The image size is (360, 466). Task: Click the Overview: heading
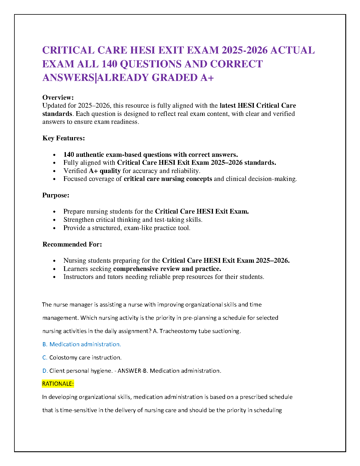pyautogui.click(x=58, y=97)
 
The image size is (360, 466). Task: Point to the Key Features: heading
pyautogui.click(x=64, y=138)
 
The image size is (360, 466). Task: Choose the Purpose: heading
pyautogui.click(x=56, y=195)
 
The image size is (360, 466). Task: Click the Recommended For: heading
pyautogui.click(x=72, y=244)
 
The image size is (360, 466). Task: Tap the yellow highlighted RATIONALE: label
pyautogui.click(x=58, y=384)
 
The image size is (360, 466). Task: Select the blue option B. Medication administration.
pyautogui.click(x=82, y=344)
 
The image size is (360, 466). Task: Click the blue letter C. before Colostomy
pyautogui.click(x=45, y=357)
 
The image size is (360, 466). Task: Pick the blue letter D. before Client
pyautogui.click(x=45, y=371)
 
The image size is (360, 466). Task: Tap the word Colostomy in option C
pyautogui.click(x=61, y=357)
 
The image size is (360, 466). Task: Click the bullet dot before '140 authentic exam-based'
pyautogui.click(x=54, y=155)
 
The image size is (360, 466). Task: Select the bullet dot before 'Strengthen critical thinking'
pyautogui.click(x=54, y=220)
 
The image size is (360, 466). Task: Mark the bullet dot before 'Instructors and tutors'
pyautogui.click(x=54, y=277)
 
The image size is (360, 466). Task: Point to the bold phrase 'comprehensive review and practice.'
pyautogui.click(x=167, y=269)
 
